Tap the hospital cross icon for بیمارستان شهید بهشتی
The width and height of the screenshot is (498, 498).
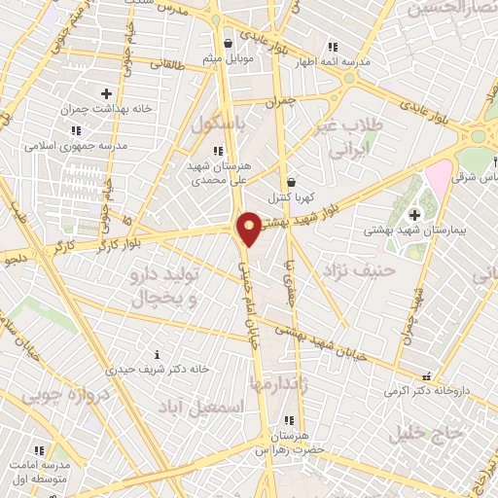click(414, 214)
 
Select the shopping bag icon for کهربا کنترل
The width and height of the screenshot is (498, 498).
click(292, 181)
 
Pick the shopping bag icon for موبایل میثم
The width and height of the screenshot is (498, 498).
click(228, 43)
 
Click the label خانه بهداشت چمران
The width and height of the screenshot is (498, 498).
click(109, 109)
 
